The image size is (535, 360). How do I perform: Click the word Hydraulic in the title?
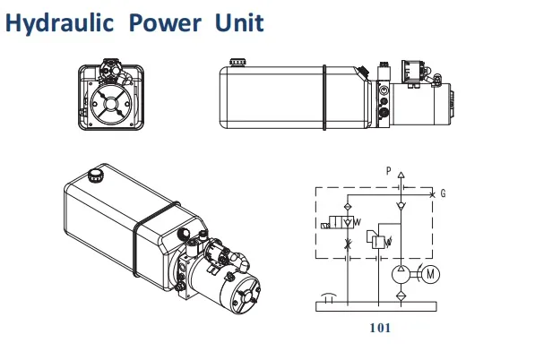coord(60,22)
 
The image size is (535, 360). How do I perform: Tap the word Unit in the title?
coord(237,22)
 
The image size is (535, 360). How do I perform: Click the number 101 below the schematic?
coord(381,328)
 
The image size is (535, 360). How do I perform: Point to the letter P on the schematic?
coord(388,170)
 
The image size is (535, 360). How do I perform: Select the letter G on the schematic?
coord(444,193)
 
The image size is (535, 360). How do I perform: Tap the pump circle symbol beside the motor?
coord(401,273)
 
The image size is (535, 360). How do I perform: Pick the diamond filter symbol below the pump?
coord(401,293)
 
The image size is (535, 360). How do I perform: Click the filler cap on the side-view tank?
coord(237,62)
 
